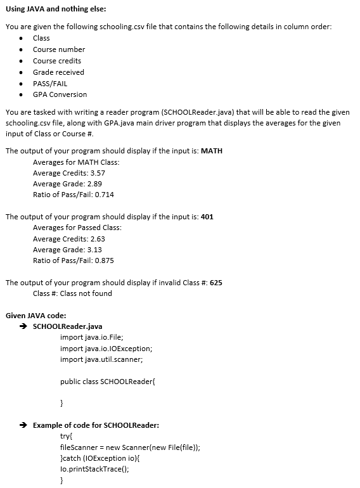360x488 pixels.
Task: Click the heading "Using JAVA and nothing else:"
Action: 56,9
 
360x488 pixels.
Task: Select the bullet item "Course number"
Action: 59,49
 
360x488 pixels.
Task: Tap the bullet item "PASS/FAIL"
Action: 50,84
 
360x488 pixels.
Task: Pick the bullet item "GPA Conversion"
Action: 60,95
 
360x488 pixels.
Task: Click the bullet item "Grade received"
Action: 58,72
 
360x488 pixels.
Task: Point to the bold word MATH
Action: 211,151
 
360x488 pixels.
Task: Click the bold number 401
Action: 207,217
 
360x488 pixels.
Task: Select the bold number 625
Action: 215,283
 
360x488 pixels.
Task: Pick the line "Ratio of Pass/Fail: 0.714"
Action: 74,195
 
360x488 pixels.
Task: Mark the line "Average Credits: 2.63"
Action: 69,239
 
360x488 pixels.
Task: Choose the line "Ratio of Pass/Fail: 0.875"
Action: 74,260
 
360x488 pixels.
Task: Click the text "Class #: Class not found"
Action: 72,293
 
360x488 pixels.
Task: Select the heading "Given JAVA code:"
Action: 35,316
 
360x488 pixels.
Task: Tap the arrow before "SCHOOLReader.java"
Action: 23,326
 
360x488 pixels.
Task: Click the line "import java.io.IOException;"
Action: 106,349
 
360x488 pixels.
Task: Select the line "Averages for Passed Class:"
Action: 77,228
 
